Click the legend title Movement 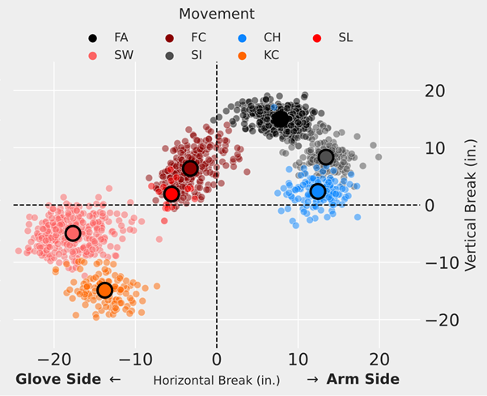[x=217, y=14]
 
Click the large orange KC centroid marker [x=104, y=290]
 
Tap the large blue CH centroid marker [x=318, y=192]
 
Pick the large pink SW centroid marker [x=73, y=233]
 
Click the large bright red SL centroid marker [x=171, y=194]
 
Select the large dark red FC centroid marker [x=190, y=168]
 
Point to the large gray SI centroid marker [x=326, y=157]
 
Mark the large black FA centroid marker [x=281, y=119]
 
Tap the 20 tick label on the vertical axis [x=436, y=91]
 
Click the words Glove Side [x=59, y=379]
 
